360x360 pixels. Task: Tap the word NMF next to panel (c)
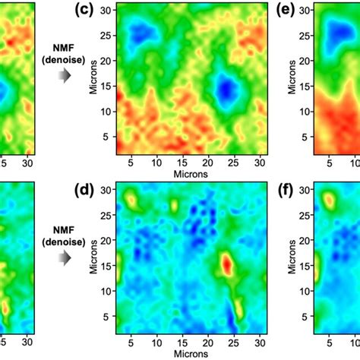point(66,47)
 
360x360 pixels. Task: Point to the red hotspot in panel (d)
point(227,264)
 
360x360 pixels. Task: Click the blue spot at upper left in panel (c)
point(141,33)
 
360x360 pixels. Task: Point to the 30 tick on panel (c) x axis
point(259,162)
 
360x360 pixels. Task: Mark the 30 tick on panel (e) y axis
point(302,9)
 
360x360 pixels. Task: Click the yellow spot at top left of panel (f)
point(330,201)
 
